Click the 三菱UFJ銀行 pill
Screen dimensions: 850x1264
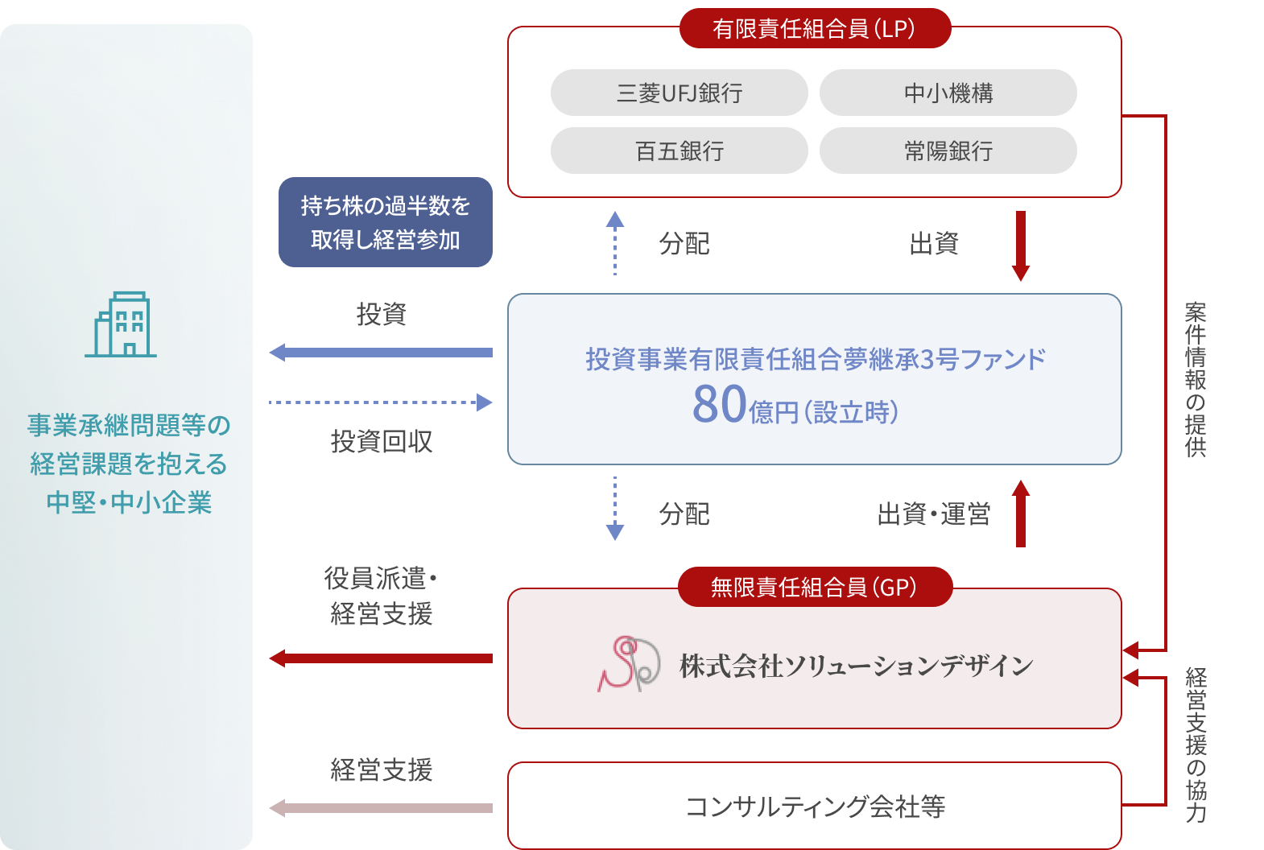click(x=679, y=93)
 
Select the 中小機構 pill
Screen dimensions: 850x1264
click(x=948, y=93)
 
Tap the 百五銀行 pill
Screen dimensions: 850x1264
click(x=679, y=151)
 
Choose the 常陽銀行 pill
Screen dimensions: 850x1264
click(x=948, y=151)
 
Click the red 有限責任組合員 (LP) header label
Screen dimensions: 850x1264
click(x=815, y=29)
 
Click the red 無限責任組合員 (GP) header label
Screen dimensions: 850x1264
click(x=815, y=588)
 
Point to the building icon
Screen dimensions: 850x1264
click(x=122, y=324)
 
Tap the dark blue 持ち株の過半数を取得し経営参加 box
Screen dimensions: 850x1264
click(x=385, y=222)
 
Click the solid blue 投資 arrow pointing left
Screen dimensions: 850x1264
click(x=380, y=353)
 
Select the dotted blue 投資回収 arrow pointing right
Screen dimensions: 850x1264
click(x=380, y=402)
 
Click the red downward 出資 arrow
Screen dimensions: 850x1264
click(x=1020, y=246)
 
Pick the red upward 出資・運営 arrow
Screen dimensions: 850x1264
click(x=1020, y=514)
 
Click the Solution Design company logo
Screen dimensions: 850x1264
click(x=629, y=664)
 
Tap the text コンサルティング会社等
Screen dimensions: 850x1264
click(x=815, y=806)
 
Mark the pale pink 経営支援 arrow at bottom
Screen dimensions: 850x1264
click(x=380, y=808)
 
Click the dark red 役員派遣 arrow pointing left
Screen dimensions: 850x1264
click(x=380, y=658)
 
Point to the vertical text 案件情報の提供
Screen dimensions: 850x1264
click(x=1196, y=379)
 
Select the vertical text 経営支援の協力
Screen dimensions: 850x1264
click(x=1196, y=745)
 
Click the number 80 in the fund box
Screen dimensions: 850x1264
click(x=719, y=404)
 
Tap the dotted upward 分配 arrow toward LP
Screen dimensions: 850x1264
click(x=615, y=243)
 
